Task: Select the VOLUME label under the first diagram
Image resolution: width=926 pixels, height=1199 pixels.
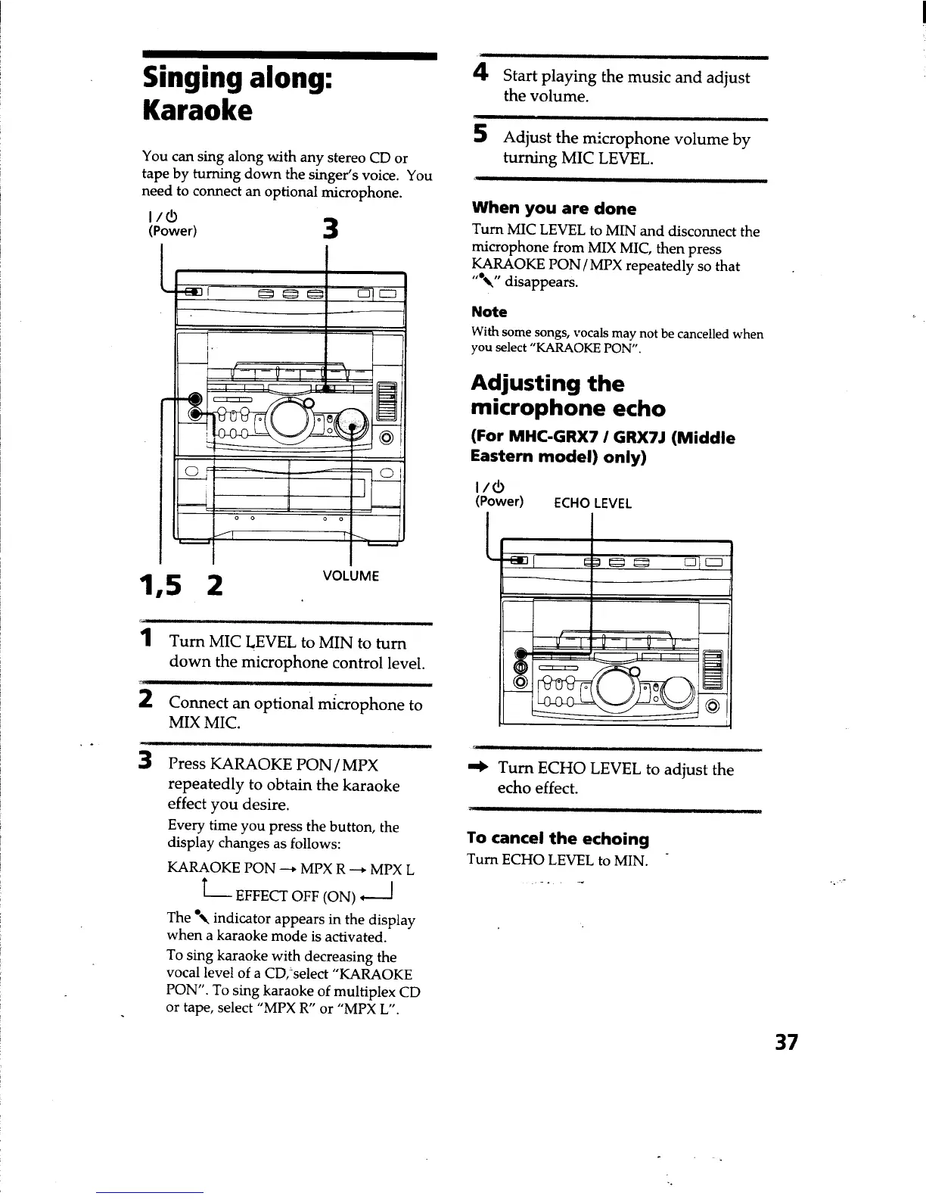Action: [x=350, y=575]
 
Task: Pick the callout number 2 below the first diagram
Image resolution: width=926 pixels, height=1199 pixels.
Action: [x=215, y=584]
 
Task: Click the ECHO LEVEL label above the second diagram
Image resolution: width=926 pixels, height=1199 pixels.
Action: [x=592, y=503]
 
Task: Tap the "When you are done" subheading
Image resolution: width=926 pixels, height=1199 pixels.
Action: [x=553, y=209]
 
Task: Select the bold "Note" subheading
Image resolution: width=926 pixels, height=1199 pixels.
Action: [x=489, y=312]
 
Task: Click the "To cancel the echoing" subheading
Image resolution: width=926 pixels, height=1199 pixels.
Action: [x=558, y=839]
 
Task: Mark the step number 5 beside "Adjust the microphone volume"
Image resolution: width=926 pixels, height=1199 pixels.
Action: [x=480, y=135]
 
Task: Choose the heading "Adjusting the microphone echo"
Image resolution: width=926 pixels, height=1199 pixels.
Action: [x=567, y=396]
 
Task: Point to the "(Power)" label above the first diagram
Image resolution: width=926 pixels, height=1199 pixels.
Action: [x=172, y=231]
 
